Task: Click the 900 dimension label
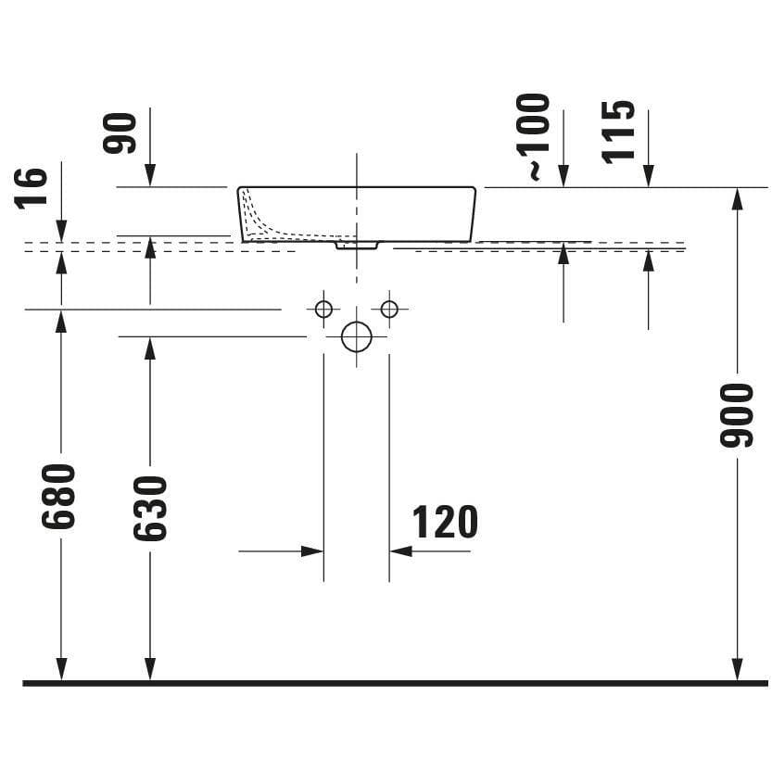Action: pos(737,415)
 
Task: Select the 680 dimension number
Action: pos(58,496)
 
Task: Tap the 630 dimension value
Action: pos(150,508)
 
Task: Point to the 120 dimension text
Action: pos(445,522)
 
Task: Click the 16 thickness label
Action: pos(31,188)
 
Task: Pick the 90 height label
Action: pos(120,133)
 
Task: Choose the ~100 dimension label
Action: pos(533,136)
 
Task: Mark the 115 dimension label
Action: pos(618,131)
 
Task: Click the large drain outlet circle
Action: pos(357,336)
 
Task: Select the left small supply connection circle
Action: pos(323,310)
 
